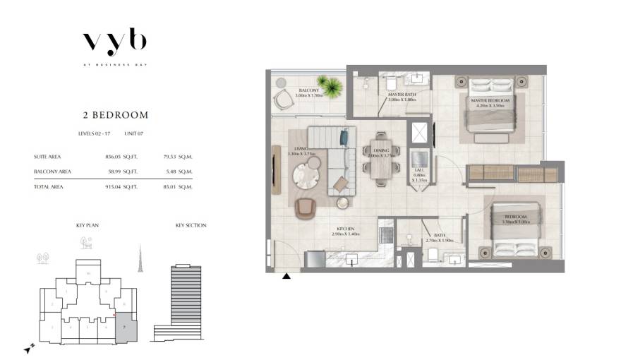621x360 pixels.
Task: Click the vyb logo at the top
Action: click(x=114, y=42)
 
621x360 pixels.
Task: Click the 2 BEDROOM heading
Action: click(x=114, y=114)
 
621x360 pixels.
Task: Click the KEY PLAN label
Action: click(x=86, y=226)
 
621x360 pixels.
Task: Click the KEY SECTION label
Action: click(x=191, y=226)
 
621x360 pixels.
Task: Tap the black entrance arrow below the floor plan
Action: click(x=287, y=276)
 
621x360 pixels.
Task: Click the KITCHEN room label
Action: click(x=346, y=229)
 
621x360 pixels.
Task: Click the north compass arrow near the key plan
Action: click(x=28, y=349)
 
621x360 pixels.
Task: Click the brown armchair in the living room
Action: click(x=307, y=208)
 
